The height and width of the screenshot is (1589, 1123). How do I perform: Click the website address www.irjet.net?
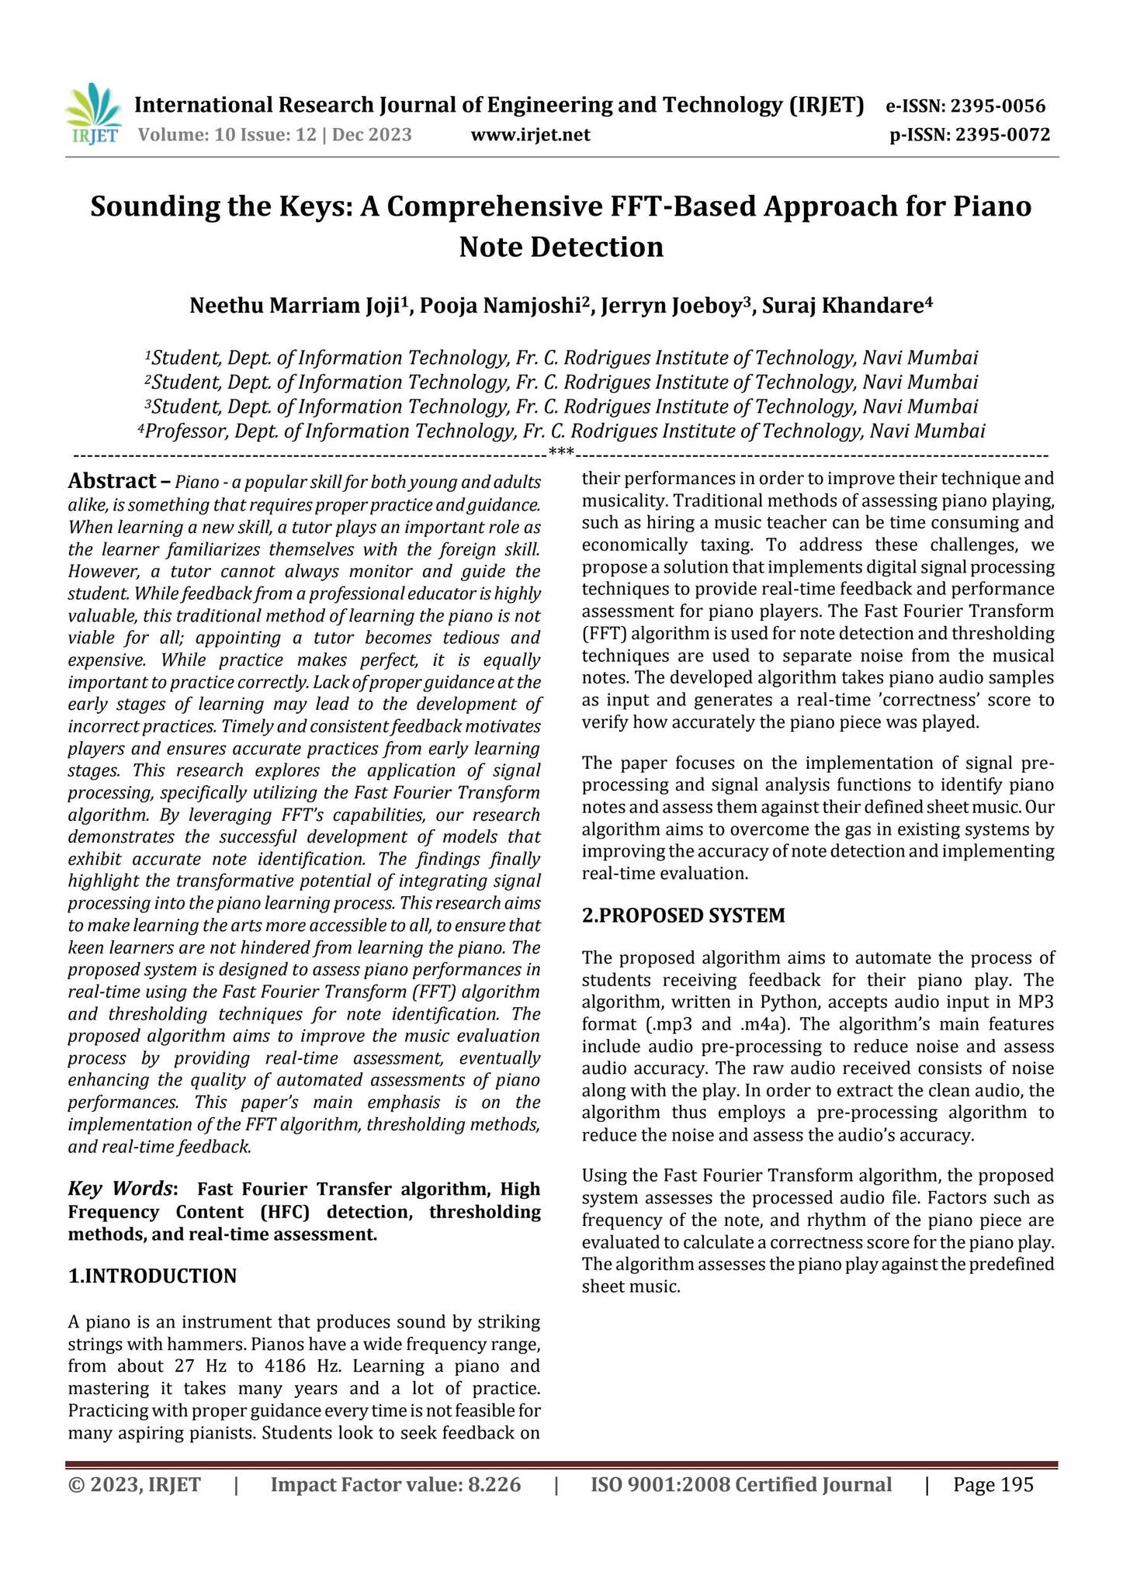click(530, 135)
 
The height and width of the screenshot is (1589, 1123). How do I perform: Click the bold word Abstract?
click(112, 481)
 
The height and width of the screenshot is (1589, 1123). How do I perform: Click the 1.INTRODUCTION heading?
click(152, 1276)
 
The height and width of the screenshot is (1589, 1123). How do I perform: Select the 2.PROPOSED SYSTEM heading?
click(683, 916)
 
